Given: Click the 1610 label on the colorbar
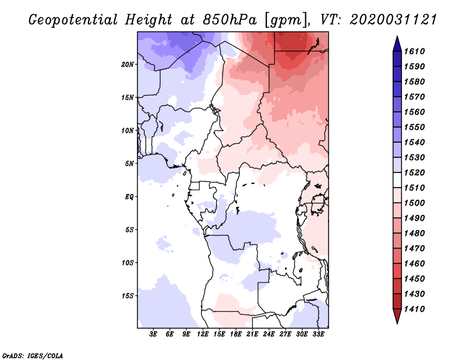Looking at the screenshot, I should (x=416, y=51).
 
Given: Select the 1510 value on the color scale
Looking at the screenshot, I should (x=416, y=188).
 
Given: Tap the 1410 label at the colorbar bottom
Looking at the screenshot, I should (x=416, y=309).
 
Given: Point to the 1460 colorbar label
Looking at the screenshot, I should (x=416, y=263).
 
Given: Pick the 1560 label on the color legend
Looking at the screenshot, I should (x=416, y=112).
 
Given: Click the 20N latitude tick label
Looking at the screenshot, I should (x=128, y=64).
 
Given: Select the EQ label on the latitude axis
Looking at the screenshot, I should (x=129, y=196).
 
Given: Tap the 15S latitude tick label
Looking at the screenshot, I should (x=128, y=295).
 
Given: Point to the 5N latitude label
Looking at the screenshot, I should (x=129, y=163).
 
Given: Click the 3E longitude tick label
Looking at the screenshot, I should (x=154, y=335).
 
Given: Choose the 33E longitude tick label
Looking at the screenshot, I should (x=318, y=335).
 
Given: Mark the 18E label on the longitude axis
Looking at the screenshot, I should (x=236, y=335).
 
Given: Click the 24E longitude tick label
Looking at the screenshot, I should (x=269, y=335).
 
